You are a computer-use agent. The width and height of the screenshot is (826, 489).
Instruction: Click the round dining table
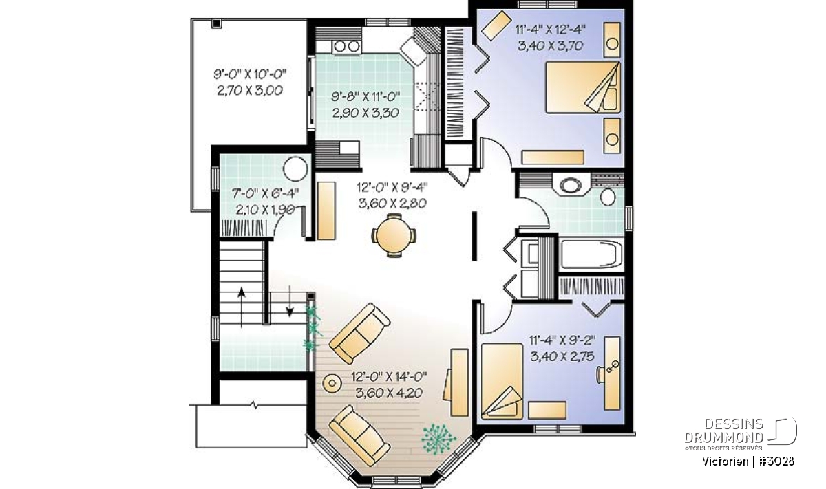pyautogui.click(x=394, y=235)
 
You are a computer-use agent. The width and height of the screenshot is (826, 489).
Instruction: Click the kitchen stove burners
pyautogui.click(x=346, y=47)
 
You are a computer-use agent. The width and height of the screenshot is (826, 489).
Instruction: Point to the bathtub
pyautogui.click(x=590, y=255)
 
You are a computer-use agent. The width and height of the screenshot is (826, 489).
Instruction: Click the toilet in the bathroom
pyautogui.click(x=607, y=197)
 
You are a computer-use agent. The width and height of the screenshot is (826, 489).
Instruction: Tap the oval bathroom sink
pyautogui.click(x=570, y=185)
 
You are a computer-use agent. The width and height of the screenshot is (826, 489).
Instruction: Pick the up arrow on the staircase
pyautogui.click(x=242, y=307)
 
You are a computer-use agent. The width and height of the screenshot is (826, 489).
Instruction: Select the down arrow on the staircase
pyautogui.click(x=290, y=301)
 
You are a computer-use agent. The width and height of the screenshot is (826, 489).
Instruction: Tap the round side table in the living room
pyautogui.click(x=332, y=383)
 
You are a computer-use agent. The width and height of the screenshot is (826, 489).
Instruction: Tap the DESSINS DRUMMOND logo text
pyautogui.click(x=724, y=431)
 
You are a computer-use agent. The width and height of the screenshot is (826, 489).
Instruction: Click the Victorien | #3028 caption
pyautogui.click(x=748, y=461)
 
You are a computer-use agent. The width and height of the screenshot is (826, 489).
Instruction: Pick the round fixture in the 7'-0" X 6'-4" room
pyautogui.click(x=295, y=169)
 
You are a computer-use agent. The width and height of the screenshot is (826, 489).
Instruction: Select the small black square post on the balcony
pyautogui.click(x=216, y=23)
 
